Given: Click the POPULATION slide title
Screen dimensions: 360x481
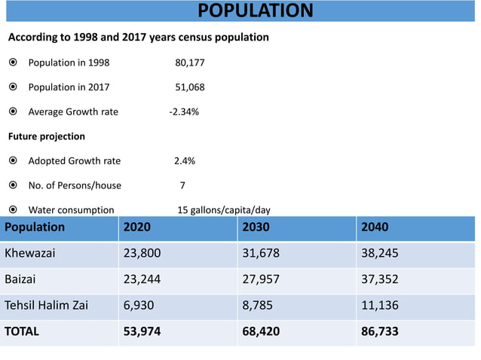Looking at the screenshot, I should [255, 11].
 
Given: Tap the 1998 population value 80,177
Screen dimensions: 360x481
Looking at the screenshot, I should [189, 63].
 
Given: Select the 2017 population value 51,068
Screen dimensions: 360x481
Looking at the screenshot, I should [189, 87].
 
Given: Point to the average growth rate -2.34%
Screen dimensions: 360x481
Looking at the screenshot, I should [184, 112].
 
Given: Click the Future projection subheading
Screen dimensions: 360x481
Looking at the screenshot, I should [46, 136].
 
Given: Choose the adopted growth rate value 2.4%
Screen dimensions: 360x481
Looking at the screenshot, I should [185, 160].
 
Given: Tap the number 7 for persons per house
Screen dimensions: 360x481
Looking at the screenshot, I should [182, 185].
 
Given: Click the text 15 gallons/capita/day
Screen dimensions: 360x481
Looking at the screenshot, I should [223, 210].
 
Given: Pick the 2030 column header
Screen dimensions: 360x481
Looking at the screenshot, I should [256, 227].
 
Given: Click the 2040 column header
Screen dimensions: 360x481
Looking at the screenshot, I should [375, 227].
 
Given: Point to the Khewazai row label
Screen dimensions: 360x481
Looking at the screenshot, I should [31, 253].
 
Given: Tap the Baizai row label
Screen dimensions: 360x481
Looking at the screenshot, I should [20, 279].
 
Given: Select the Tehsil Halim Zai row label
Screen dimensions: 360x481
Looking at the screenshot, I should [46, 305].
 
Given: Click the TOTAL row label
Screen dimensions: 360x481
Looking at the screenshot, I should [22, 331].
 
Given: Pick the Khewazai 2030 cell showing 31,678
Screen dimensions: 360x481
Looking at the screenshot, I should [260, 253].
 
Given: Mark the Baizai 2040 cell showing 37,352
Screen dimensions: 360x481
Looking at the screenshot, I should [380, 279].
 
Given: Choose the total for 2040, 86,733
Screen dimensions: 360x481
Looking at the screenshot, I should [380, 331].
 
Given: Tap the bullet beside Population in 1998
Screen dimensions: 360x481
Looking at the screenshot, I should [13, 63].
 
